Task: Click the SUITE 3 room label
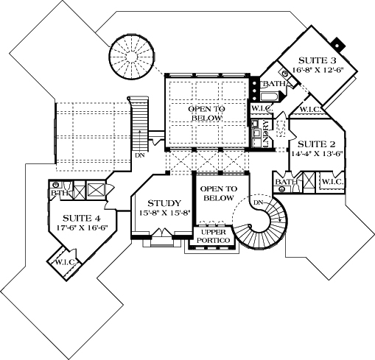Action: tap(319, 60)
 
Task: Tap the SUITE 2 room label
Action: tap(321, 144)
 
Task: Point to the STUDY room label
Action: tap(161, 203)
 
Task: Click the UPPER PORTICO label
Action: tap(212, 236)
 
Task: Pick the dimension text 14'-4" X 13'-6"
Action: tap(321, 155)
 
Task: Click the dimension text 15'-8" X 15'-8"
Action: tap(161, 213)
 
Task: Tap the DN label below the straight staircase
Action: tap(139, 156)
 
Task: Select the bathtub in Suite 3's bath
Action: tap(269, 96)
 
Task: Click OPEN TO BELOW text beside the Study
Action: tap(218, 193)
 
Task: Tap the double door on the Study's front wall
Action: tap(166, 235)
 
